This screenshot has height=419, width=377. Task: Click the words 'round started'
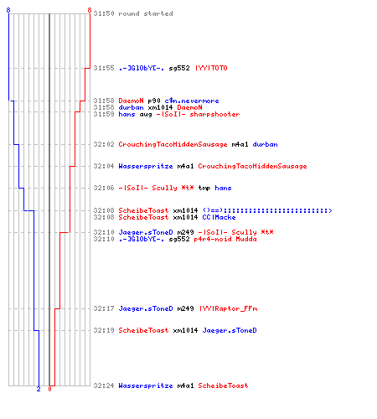click(x=146, y=13)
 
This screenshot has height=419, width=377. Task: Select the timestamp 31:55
click(x=104, y=68)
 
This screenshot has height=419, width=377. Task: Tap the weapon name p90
click(x=154, y=101)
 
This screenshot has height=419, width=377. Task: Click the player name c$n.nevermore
click(x=192, y=101)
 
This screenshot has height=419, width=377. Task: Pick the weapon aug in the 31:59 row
click(x=146, y=115)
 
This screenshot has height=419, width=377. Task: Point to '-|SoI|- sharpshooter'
click(x=198, y=114)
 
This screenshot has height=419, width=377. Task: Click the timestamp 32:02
click(x=104, y=144)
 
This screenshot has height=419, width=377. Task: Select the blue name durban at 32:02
click(x=265, y=144)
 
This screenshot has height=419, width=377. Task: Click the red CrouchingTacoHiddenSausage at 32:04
click(x=252, y=166)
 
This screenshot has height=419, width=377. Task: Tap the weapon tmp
click(x=204, y=188)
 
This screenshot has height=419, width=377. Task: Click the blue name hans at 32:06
click(x=223, y=188)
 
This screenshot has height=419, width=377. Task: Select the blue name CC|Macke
click(x=219, y=217)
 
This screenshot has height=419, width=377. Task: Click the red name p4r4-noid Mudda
click(x=225, y=239)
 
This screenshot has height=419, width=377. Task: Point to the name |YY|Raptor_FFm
click(x=229, y=308)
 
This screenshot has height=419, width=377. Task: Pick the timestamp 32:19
click(x=104, y=330)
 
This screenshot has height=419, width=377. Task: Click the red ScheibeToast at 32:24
click(x=223, y=385)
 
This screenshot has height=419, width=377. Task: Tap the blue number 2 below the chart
click(x=39, y=389)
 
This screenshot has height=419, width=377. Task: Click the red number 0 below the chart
click(x=49, y=389)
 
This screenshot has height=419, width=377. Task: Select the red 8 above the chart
click(x=90, y=10)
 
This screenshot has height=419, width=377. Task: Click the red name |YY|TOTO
click(x=211, y=68)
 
